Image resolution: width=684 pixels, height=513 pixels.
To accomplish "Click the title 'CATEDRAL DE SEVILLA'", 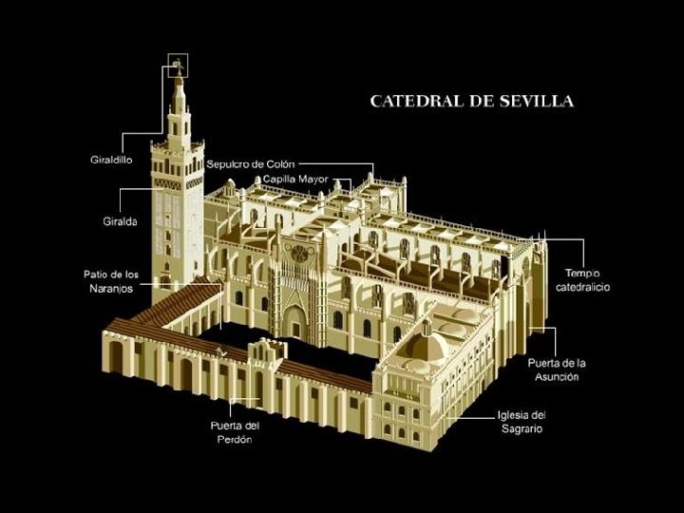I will (470, 100).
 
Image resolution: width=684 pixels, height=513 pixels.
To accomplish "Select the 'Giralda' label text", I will (120, 221).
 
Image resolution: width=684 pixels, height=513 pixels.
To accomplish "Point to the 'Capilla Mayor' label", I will (294, 179).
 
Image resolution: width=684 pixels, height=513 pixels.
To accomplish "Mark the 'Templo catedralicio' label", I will (583, 279).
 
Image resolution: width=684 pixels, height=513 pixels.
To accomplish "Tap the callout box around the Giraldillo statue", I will (178, 66).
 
